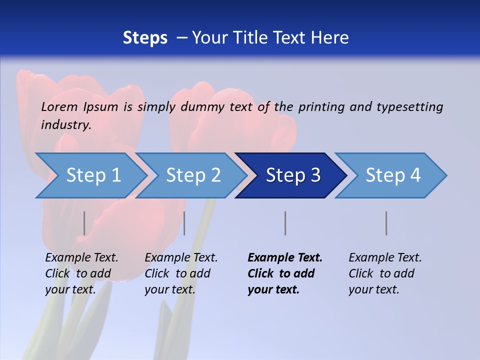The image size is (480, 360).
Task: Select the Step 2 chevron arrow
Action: pyautogui.click(x=192, y=175)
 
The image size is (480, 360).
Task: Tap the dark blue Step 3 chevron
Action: pyautogui.click(x=292, y=175)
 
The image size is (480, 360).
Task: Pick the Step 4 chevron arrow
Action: pyautogui.click(x=392, y=175)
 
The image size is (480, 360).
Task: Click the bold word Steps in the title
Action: pyautogui.click(x=145, y=37)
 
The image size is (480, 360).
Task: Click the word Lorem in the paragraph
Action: pyautogui.click(x=59, y=106)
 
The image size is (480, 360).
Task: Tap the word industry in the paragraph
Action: pyautogui.click(x=66, y=124)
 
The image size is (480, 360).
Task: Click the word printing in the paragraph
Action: pyautogui.click(x=322, y=106)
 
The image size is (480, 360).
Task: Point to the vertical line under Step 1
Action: pyautogui.click(x=84, y=223)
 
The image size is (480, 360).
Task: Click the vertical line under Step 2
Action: pyautogui.click(x=184, y=223)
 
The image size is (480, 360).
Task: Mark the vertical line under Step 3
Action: pyautogui.click(x=285, y=223)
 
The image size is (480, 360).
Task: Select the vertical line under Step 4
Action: pyautogui.click(x=386, y=223)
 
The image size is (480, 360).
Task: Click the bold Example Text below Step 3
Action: pyautogui.click(x=285, y=257)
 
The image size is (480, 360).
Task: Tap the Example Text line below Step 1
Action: pyautogui.click(x=81, y=257)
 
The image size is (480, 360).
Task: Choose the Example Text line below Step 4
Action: pyautogui.click(x=385, y=257)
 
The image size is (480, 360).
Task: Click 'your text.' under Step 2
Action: pyautogui.click(x=169, y=289)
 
